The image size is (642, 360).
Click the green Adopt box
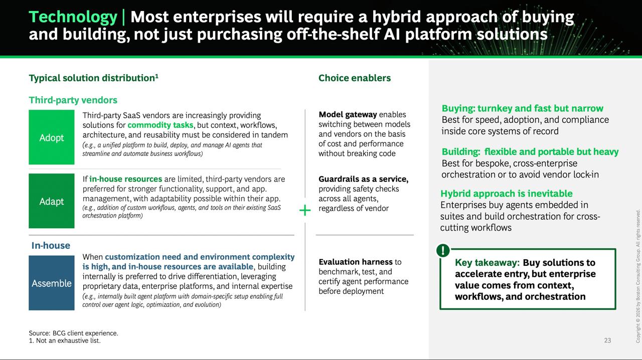click(x=52, y=137)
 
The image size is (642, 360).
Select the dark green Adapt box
click(x=52, y=201)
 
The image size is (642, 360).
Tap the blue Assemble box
click(x=52, y=283)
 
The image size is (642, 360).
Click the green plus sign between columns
click(x=305, y=211)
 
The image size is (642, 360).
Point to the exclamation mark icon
click(x=443, y=251)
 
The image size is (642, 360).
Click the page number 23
click(x=607, y=340)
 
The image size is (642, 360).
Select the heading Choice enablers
click(x=355, y=78)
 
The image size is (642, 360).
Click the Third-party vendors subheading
click(x=73, y=100)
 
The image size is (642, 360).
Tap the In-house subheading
click(x=51, y=245)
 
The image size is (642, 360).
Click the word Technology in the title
click(x=73, y=17)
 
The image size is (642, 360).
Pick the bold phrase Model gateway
click(x=348, y=115)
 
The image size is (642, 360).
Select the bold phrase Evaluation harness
click(x=356, y=262)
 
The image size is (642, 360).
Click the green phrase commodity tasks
click(x=160, y=125)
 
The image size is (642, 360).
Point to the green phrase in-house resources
click(x=125, y=179)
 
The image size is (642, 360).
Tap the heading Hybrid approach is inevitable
click(x=507, y=194)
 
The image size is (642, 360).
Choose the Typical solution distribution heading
click(x=93, y=78)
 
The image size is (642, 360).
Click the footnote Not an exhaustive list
click(x=65, y=340)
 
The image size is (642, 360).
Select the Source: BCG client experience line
click(x=73, y=333)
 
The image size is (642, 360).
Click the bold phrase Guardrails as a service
click(x=364, y=179)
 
